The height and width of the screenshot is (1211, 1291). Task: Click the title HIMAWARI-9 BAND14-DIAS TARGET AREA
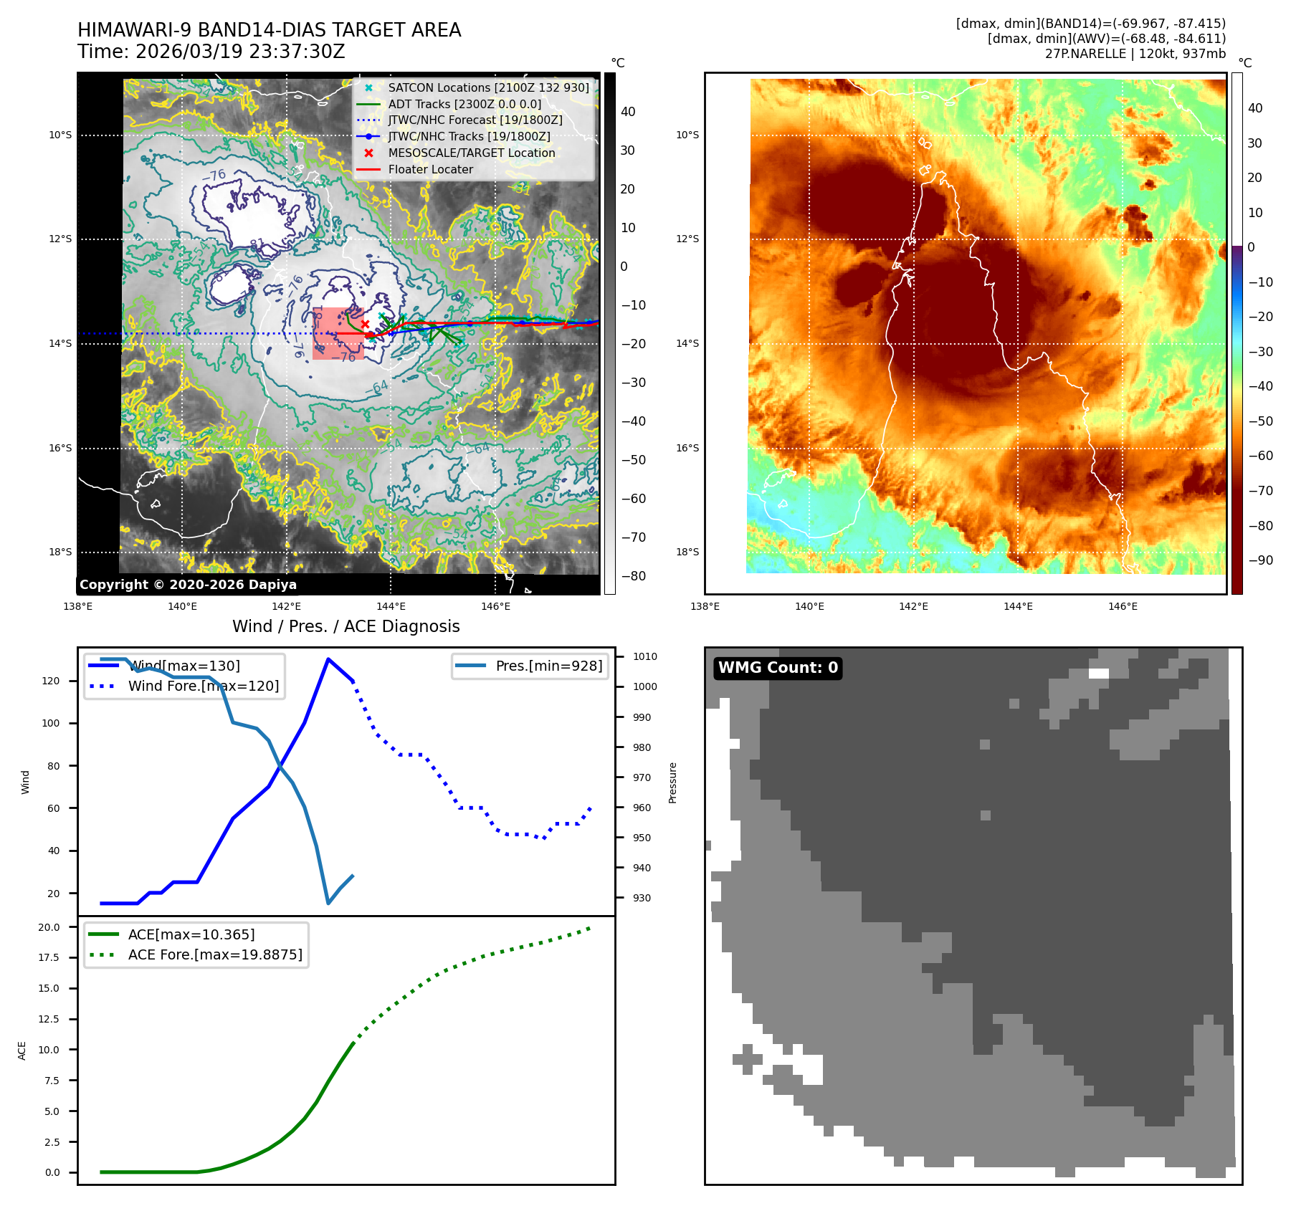269,30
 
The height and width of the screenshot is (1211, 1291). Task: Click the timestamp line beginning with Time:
211,52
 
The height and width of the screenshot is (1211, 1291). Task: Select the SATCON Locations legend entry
488,87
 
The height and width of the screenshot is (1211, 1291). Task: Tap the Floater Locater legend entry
430,169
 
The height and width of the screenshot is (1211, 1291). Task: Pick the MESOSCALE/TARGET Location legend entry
471,153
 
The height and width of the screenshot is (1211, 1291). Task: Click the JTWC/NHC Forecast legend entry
475,120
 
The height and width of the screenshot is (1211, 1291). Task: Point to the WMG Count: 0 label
778,668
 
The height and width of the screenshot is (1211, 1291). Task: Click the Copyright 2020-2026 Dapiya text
188,585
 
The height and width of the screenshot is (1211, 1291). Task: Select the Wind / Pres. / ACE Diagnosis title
346,626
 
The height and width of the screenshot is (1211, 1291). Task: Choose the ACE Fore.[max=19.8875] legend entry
215,954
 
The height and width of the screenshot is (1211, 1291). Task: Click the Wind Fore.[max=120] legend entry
204,686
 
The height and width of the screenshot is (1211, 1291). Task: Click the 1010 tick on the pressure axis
645,656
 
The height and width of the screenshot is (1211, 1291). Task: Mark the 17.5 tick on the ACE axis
49,957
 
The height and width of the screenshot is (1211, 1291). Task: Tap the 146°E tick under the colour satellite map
1123,606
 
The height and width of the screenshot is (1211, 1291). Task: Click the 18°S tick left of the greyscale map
60,552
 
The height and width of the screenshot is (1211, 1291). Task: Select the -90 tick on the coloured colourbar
1260,560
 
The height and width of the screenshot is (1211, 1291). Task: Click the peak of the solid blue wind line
328,659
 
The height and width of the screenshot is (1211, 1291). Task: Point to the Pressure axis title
673,782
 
